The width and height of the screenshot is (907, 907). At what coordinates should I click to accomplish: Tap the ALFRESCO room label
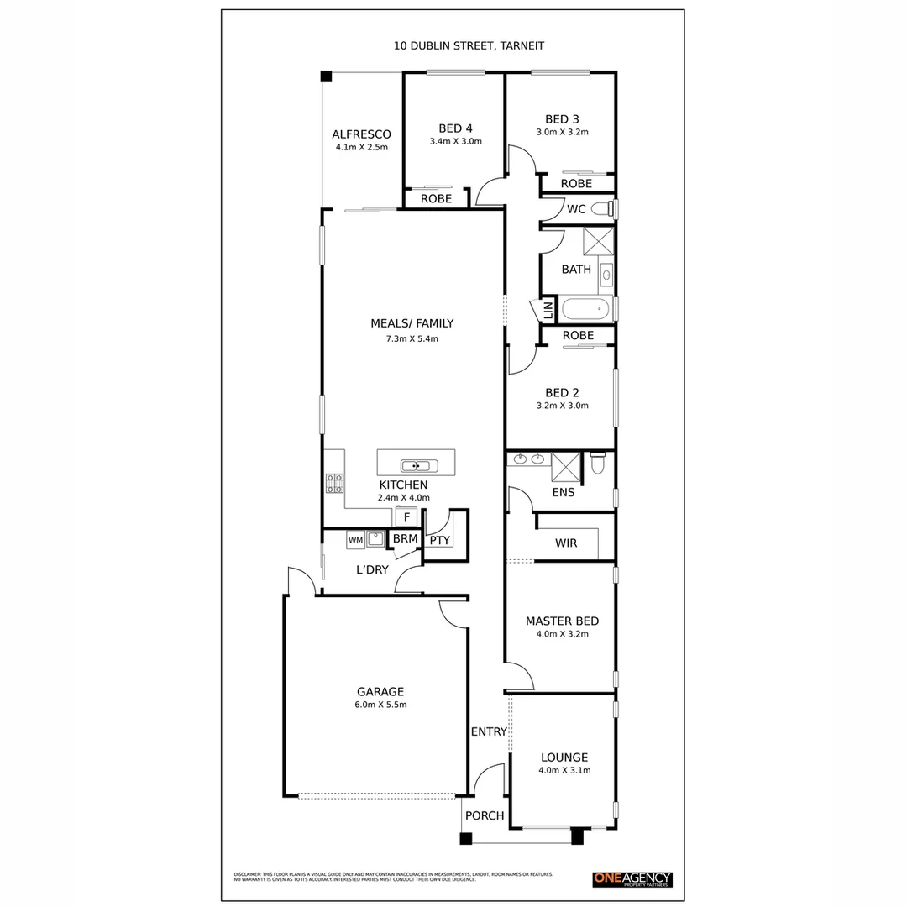(361, 134)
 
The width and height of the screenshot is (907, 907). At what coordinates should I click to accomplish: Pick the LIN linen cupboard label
(548, 311)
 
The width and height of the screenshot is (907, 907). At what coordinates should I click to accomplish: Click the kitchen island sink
(416, 466)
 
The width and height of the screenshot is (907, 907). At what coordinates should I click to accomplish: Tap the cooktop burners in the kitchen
(334, 483)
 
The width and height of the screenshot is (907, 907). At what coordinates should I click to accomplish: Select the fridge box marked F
(406, 517)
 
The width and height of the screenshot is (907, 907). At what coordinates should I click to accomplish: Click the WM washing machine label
(356, 541)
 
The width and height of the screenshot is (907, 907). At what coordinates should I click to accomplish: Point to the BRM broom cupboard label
(405, 539)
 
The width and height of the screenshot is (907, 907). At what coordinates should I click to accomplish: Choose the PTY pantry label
(439, 540)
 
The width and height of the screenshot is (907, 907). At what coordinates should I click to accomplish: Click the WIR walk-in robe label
(566, 543)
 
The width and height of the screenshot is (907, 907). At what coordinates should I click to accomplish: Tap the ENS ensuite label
(563, 492)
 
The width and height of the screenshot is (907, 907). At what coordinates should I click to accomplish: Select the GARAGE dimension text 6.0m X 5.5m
(380, 705)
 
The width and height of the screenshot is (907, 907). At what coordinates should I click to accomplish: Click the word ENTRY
(488, 731)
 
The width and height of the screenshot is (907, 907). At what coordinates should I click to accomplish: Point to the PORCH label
(485, 815)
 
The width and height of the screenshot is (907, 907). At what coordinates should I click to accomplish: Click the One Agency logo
(632, 879)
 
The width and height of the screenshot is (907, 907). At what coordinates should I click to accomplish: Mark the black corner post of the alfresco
(326, 76)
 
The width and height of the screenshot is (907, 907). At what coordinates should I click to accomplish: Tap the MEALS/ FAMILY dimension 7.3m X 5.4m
(412, 338)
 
